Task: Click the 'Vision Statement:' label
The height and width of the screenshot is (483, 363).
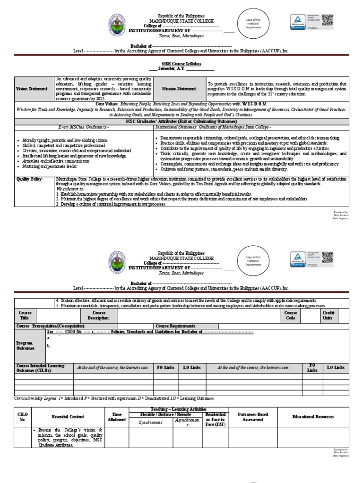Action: click(32, 88)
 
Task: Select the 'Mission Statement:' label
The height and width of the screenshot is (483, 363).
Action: click(180, 88)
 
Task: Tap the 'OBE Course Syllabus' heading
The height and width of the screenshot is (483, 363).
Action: click(181, 63)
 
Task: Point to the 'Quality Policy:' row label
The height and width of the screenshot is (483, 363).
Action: click(30, 179)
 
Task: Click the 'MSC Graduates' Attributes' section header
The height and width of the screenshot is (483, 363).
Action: click(181, 122)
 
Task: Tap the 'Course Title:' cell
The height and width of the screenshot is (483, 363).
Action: click(25, 315)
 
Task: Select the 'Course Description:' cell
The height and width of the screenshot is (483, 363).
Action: click(99, 315)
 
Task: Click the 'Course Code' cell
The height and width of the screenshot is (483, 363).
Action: click(291, 315)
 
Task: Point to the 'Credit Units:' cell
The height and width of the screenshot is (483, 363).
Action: click(328, 315)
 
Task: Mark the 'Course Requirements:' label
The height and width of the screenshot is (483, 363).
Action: click(176, 326)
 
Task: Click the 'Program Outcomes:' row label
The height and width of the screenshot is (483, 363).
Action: click(26, 346)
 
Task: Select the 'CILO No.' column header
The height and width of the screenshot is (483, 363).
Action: click(23, 416)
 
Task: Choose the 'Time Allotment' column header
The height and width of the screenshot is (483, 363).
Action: click(116, 417)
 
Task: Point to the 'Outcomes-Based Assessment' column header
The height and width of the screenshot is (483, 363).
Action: click(253, 417)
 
